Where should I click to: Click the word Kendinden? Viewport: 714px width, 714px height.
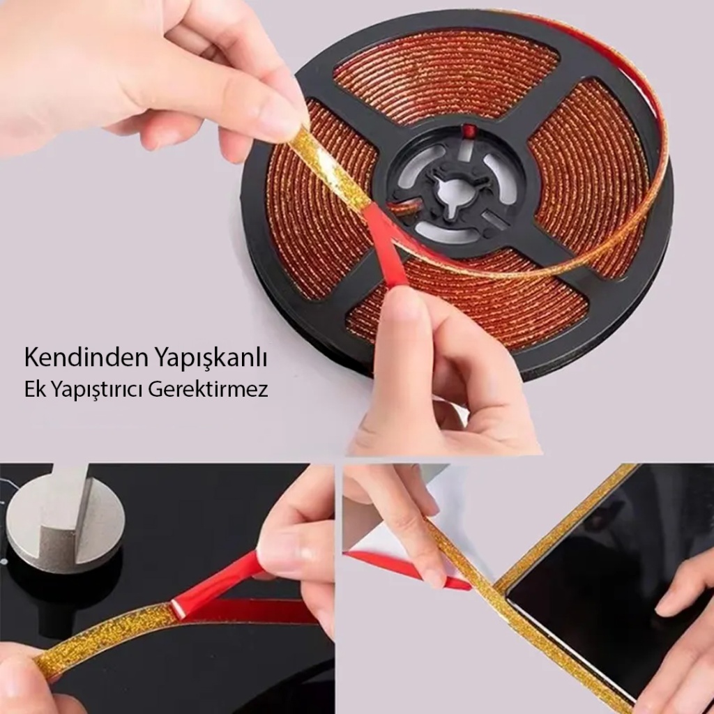[86, 358]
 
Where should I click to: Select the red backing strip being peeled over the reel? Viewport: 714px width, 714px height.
[386, 243]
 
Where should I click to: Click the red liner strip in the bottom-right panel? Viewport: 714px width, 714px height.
[405, 569]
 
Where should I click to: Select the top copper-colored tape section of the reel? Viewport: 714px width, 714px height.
[446, 73]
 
